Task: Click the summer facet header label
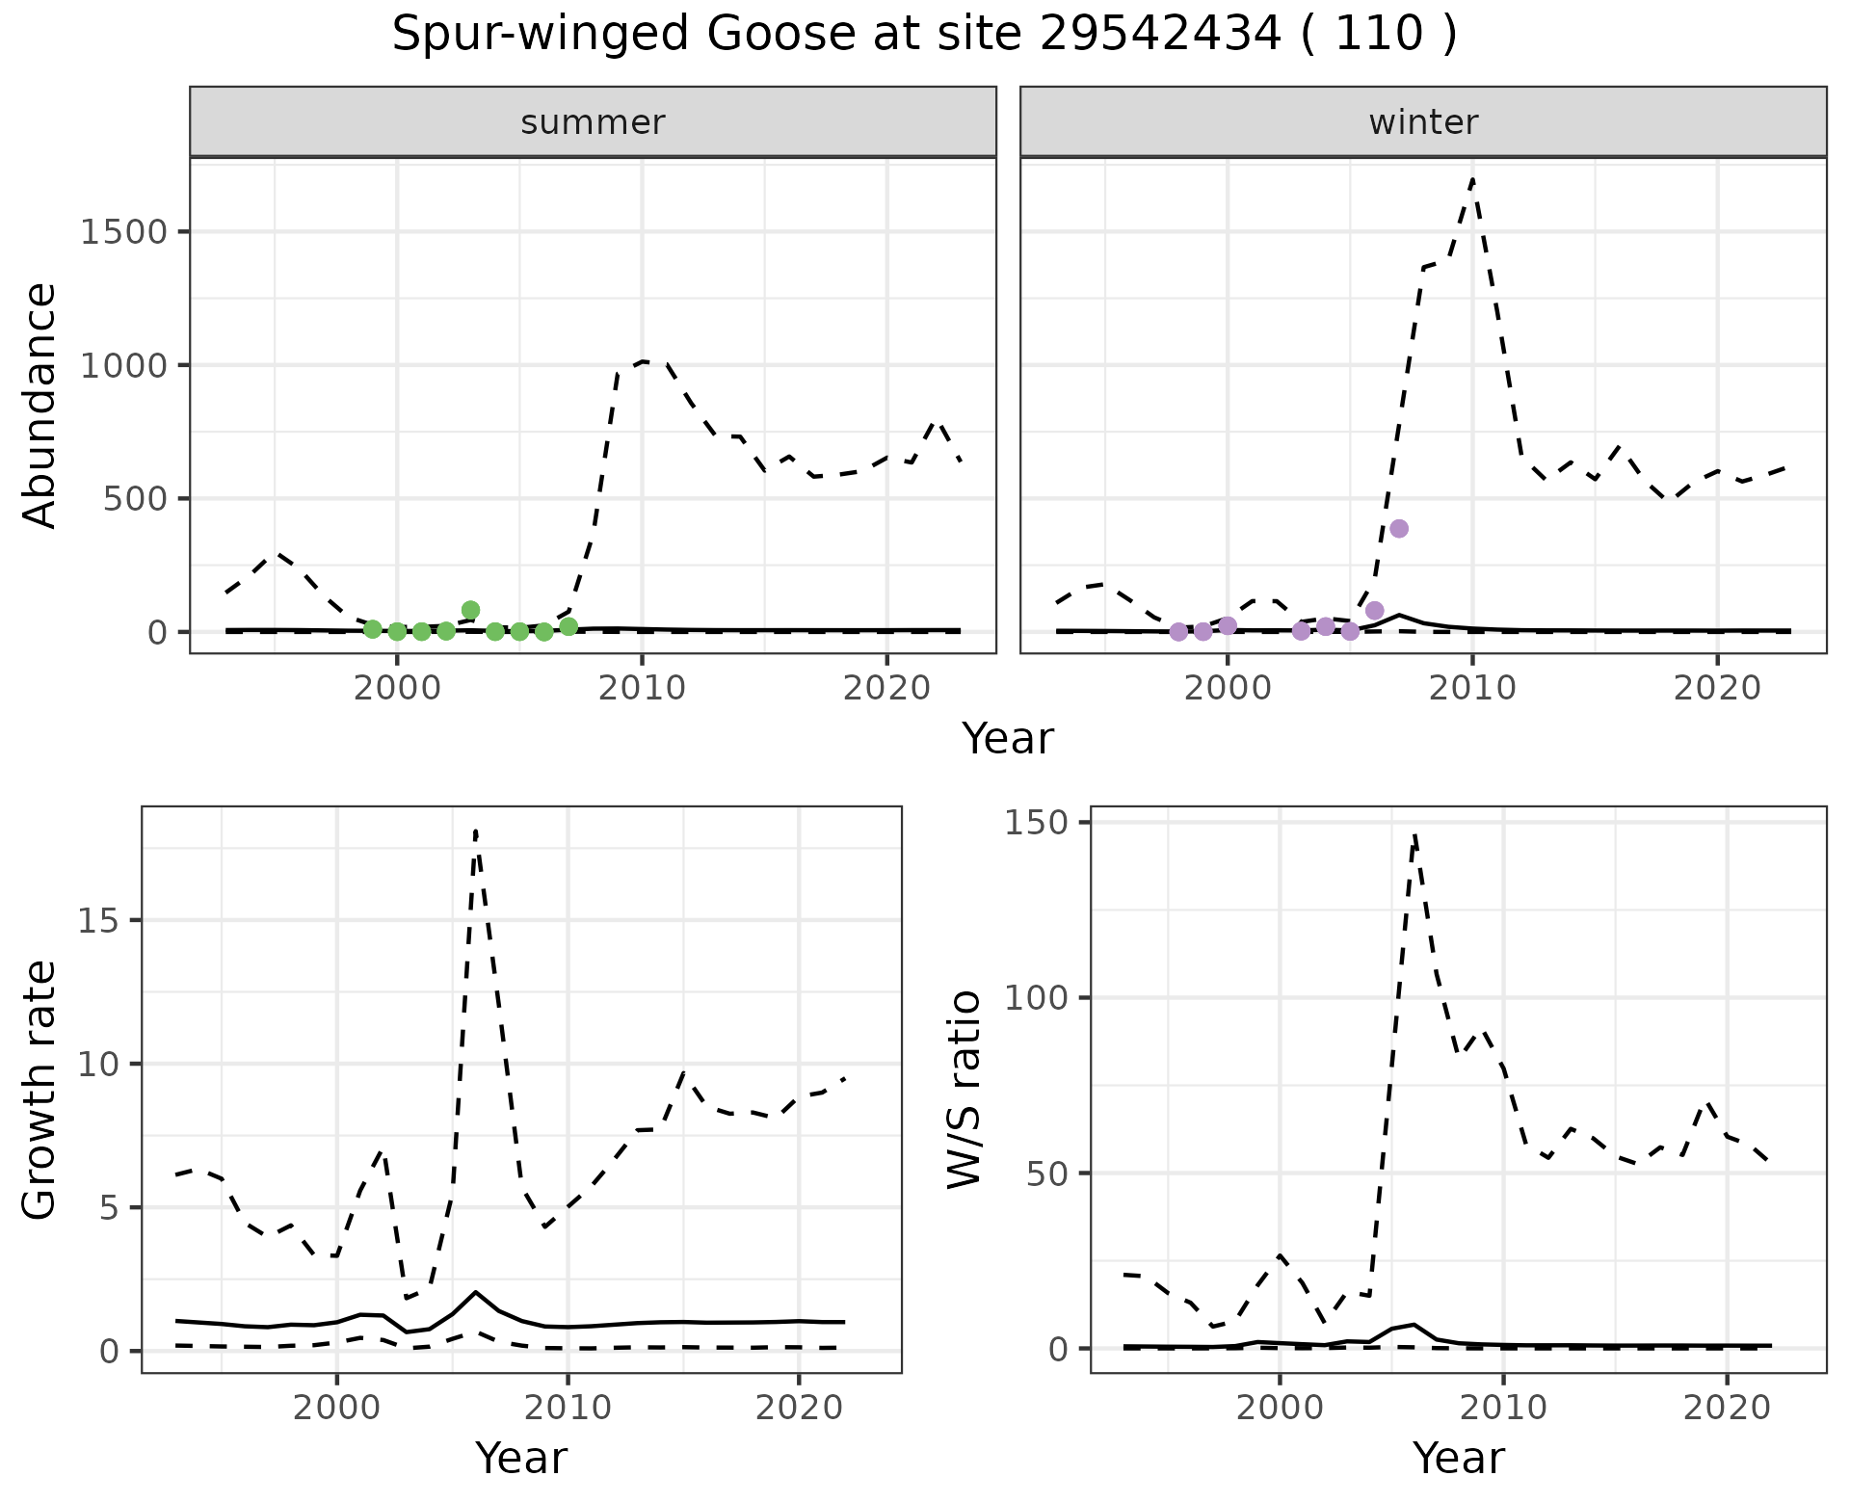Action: click(593, 122)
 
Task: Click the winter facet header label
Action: click(1423, 122)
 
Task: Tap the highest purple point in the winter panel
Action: click(1399, 528)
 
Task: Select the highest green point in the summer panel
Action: click(470, 610)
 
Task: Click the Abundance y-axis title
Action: click(40, 405)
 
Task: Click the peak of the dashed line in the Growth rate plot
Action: click(476, 831)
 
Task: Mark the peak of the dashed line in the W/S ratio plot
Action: click(1414, 834)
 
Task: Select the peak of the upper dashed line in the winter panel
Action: click(1473, 179)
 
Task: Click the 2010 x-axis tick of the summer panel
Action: click(642, 688)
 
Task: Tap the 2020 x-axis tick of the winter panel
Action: click(1717, 688)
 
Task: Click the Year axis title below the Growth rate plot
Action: click(521, 1458)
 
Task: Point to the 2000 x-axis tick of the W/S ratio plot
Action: click(1280, 1408)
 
